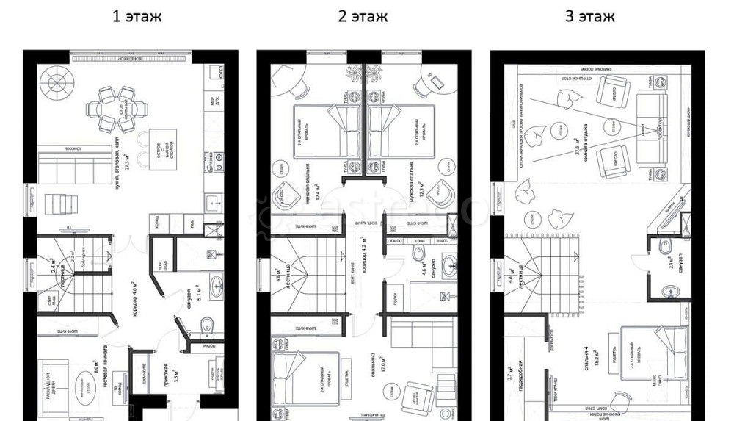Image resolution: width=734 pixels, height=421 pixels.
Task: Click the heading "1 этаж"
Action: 137,16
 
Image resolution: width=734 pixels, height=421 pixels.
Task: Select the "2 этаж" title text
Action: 363,16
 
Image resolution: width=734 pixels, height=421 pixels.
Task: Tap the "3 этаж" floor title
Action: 589,16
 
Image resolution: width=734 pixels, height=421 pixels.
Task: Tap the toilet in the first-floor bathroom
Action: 208,325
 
